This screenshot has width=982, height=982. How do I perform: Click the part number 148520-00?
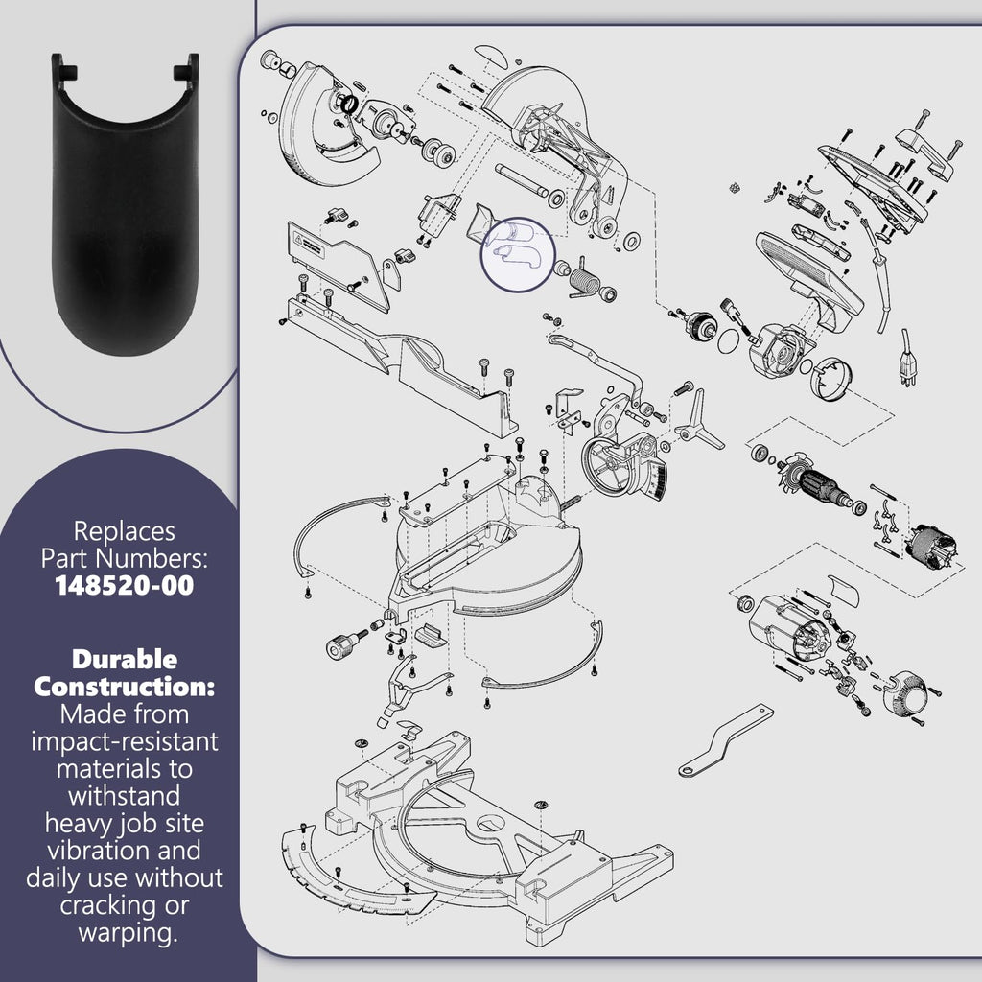tap(124, 586)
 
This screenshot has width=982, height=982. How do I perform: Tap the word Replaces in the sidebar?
tap(124, 531)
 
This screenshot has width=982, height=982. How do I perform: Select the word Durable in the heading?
tap(124, 659)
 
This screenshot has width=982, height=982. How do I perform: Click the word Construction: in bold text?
tap(124, 687)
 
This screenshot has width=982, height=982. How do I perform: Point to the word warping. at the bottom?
tap(128, 932)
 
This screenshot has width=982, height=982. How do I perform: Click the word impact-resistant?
tap(124, 741)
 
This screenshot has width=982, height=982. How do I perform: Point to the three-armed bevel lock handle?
tap(698, 421)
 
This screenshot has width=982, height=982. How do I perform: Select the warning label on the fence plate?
tap(310, 245)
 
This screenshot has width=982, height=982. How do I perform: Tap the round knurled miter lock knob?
tap(342, 645)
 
